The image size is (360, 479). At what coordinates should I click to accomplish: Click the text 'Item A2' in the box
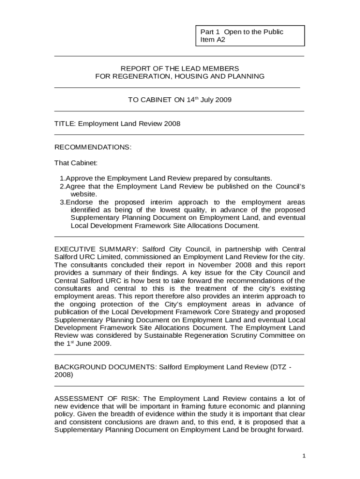pyautogui.click(x=213, y=40)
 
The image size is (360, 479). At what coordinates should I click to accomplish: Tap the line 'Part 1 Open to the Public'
pyautogui.click(x=242, y=32)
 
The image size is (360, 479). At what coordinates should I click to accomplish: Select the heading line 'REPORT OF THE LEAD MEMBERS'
pyautogui.click(x=180, y=68)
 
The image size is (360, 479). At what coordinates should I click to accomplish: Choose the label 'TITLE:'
pyautogui.click(x=65, y=123)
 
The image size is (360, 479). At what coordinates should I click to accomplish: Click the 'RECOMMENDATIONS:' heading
pyautogui.click(x=93, y=147)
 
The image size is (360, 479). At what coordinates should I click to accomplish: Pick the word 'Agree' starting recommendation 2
pyautogui.click(x=75, y=187)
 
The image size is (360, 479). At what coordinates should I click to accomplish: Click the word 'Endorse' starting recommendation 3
pyautogui.click(x=78, y=202)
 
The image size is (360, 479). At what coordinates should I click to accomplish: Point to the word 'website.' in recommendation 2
pyautogui.click(x=84, y=194)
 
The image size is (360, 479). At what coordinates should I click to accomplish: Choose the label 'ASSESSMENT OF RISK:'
pyautogui.click(x=97, y=399)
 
